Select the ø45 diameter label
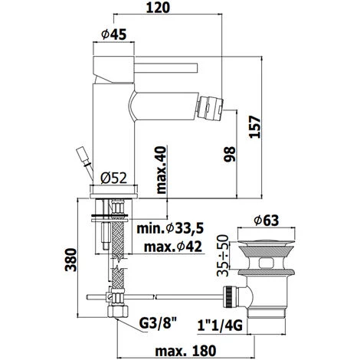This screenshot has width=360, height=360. (x=114, y=34)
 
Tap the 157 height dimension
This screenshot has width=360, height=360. (x=255, y=127)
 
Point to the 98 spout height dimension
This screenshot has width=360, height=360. (x=230, y=154)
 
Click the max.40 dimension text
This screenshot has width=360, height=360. (x=161, y=170)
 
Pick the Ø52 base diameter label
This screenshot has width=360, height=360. (x=113, y=178)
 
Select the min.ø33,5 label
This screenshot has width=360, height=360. (x=170, y=228)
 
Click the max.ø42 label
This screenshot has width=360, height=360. (x=173, y=247)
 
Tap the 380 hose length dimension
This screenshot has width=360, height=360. (x=70, y=260)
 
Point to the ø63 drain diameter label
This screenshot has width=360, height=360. (x=267, y=221)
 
